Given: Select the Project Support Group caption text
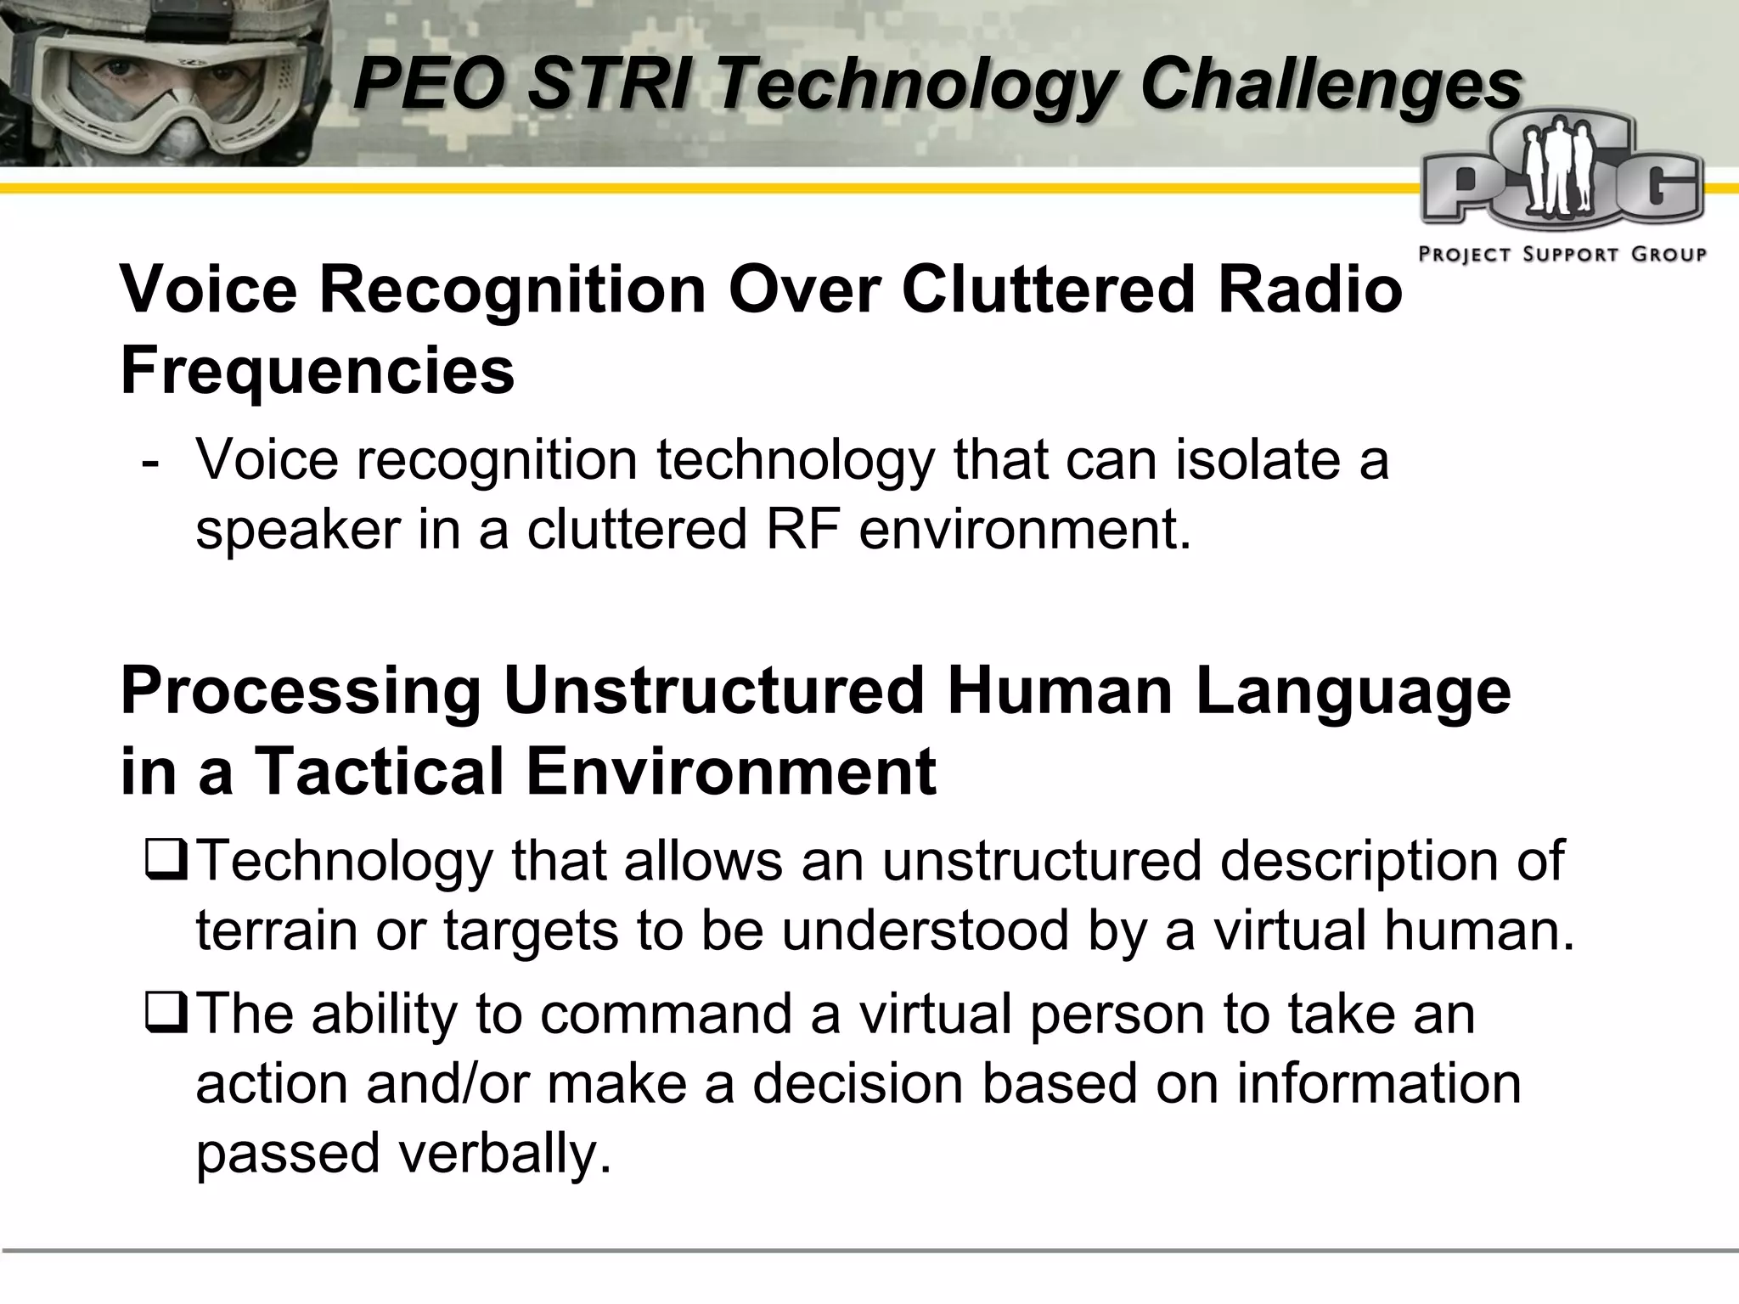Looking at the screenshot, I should [x=1562, y=254].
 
